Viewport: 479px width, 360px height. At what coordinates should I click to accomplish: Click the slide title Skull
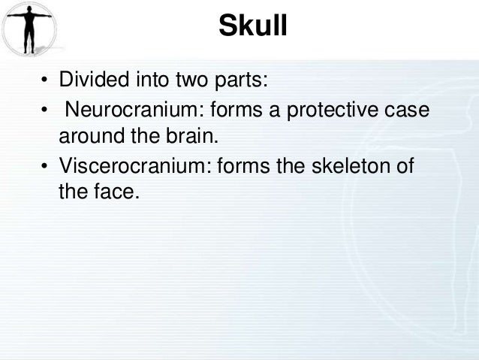tap(252, 29)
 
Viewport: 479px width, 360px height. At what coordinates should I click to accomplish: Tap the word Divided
tap(89, 80)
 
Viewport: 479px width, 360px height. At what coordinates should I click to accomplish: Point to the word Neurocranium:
tap(135, 112)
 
